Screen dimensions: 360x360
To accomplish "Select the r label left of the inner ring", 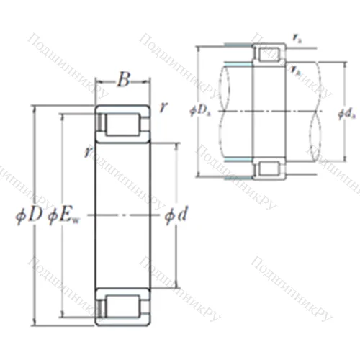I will pyautogui.click(x=87, y=151).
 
